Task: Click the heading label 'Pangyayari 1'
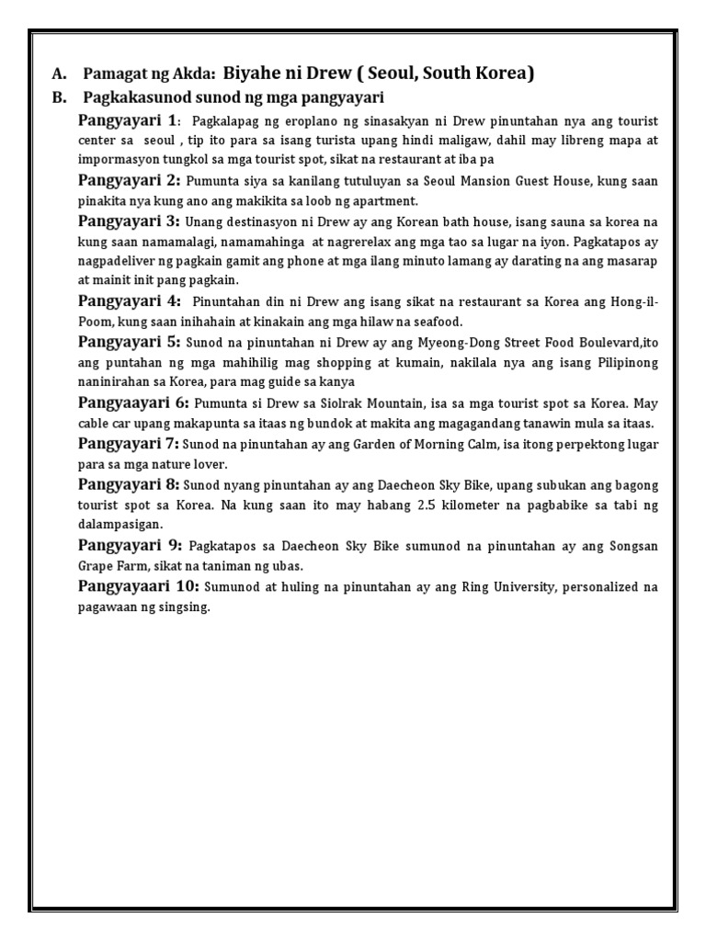(x=128, y=121)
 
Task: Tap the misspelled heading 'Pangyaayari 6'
(x=133, y=402)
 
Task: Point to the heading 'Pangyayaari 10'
(x=137, y=585)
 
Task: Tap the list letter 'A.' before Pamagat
(x=60, y=74)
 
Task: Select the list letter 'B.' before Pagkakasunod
(x=60, y=96)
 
